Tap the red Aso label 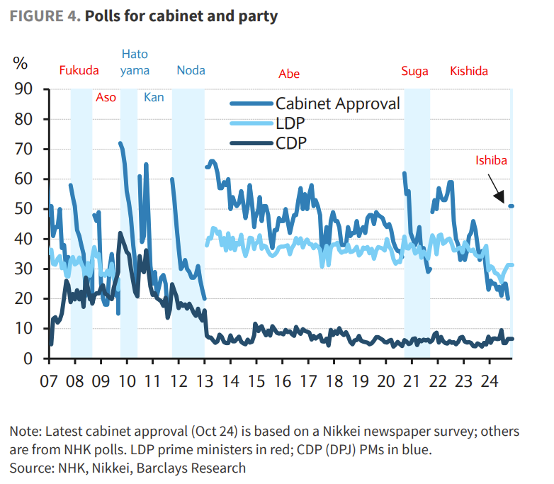(x=106, y=97)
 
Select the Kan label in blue (x=154, y=97)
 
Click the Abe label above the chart (x=289, y=73)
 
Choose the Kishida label (x=469, y=71)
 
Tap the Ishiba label (x=491, y=161)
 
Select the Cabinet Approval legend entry (x=337, y=104)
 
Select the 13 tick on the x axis (x=204, y=381)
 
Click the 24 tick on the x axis (x=489, y=381)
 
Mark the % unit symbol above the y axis (x=20, y=63)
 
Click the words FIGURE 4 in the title (x=43, y=16)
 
